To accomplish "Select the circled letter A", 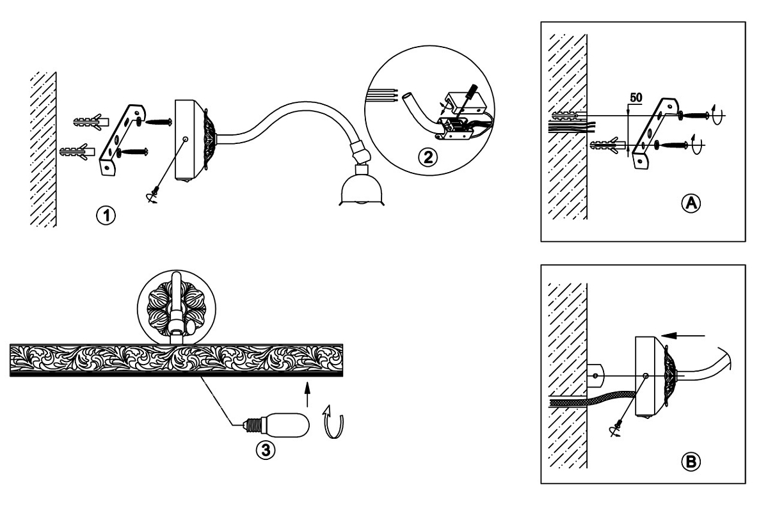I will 690,203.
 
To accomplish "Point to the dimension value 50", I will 636,98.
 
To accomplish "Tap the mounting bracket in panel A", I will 656,132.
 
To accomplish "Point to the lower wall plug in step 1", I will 77,152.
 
